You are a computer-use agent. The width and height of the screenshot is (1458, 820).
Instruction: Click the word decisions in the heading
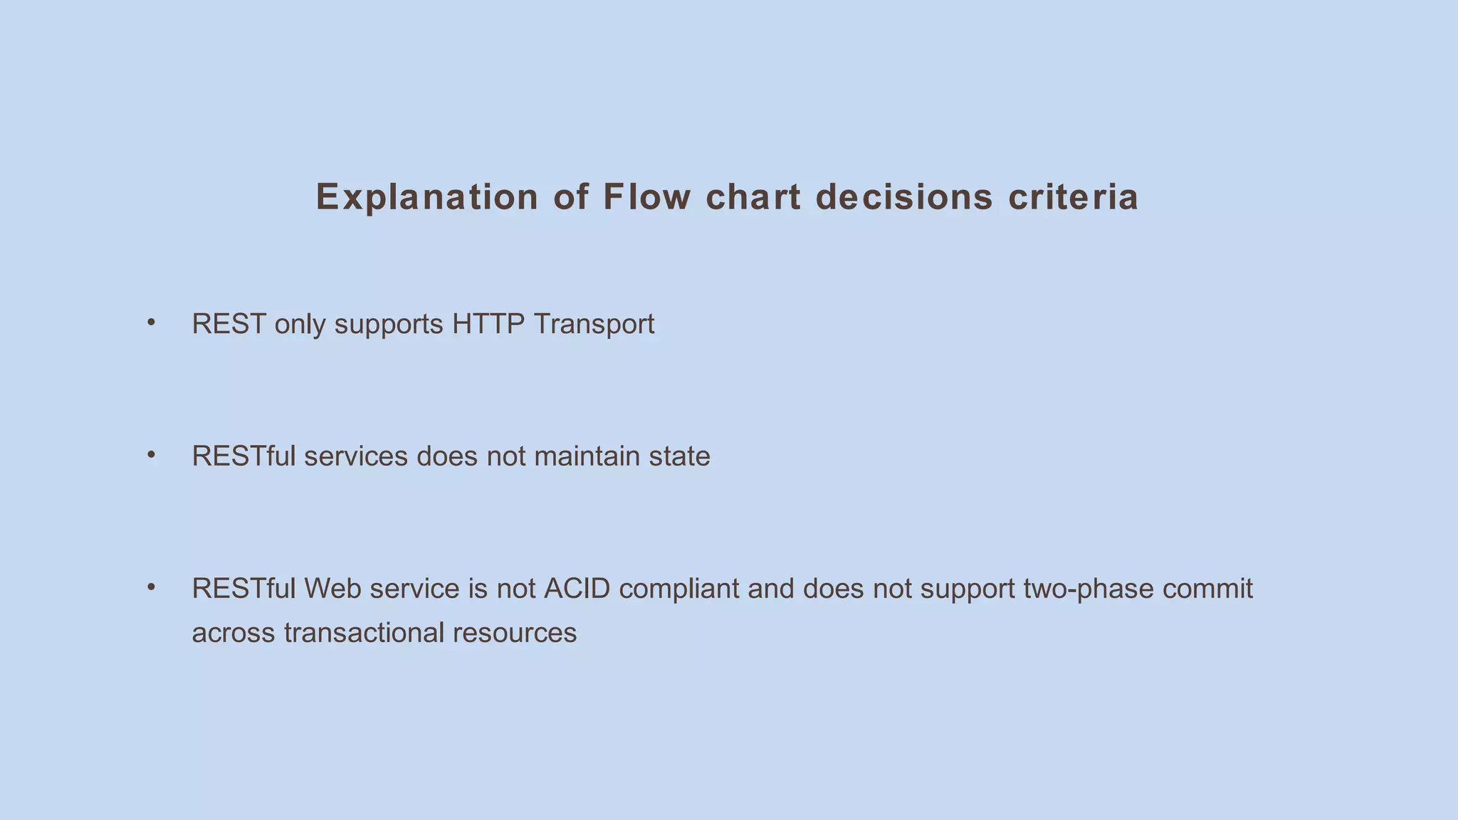pos(904,197)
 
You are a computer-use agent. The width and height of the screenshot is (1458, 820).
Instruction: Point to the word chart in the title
pos(753,197)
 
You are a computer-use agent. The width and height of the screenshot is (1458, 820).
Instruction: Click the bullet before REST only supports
pos(151,322)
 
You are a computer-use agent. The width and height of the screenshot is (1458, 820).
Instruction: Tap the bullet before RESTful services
pos(151,455)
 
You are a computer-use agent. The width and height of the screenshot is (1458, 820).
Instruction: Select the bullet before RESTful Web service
pos(151,587)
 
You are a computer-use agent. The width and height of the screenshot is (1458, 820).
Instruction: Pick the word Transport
pos(593,324)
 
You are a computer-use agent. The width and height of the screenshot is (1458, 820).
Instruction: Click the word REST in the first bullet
pos(229,324)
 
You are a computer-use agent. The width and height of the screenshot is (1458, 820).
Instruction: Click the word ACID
pos(577,589)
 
